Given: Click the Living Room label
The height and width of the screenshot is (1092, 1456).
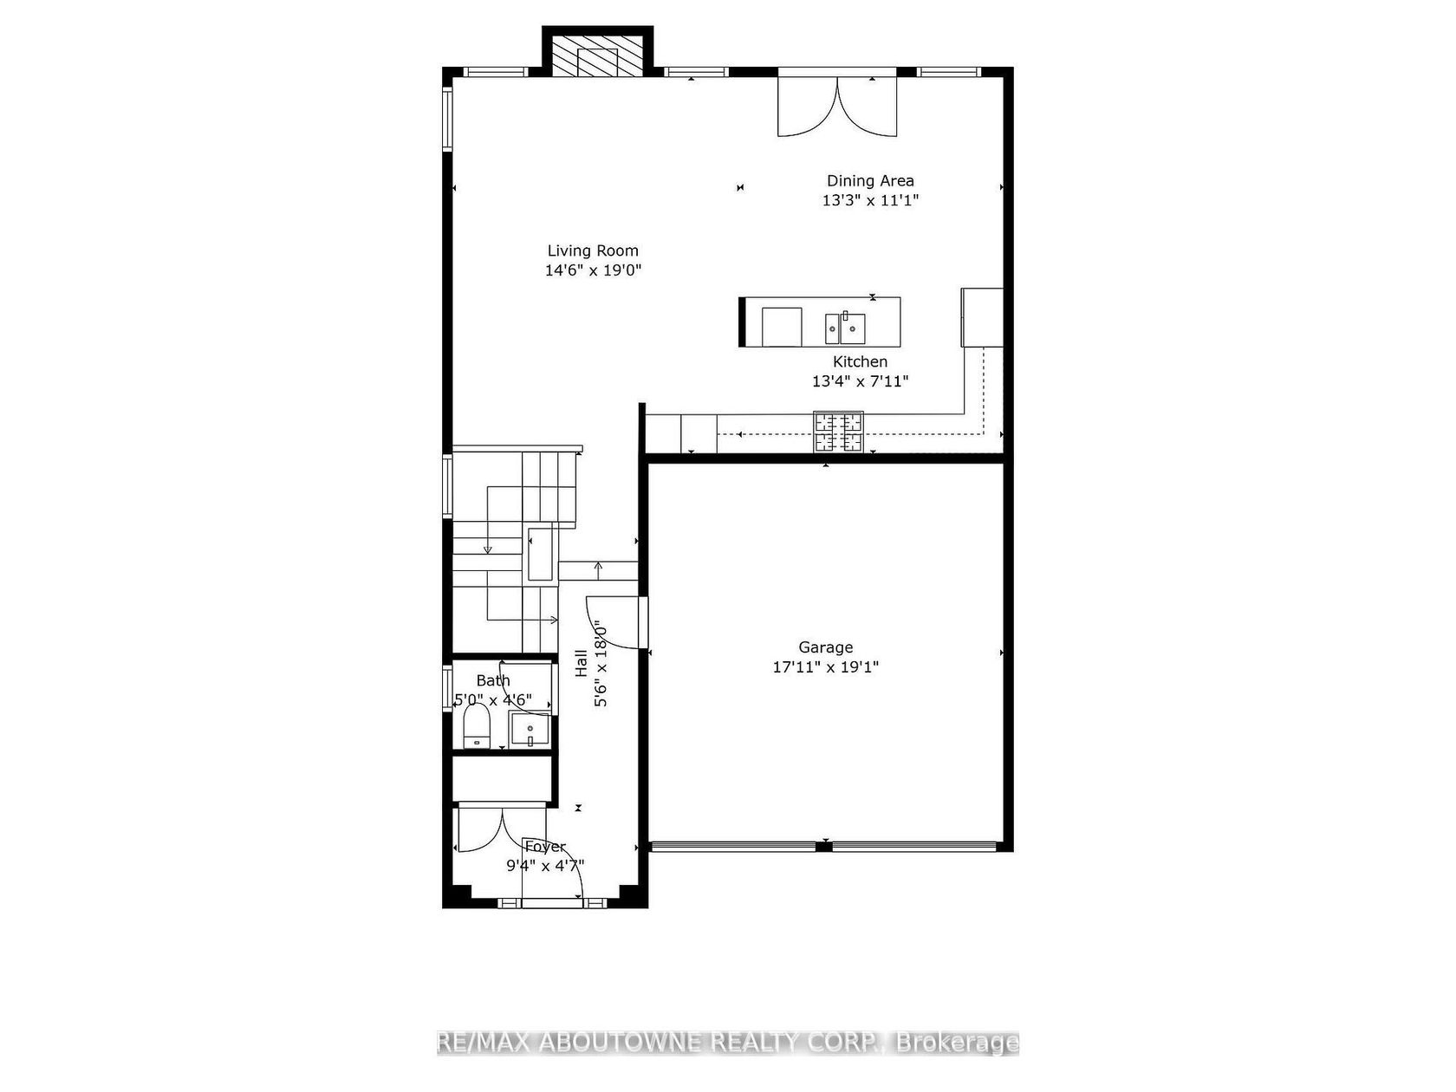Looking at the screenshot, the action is (592, 250).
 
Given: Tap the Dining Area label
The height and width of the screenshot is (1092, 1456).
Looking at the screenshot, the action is (869, 180).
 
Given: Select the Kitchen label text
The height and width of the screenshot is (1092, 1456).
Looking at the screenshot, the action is (860, 361).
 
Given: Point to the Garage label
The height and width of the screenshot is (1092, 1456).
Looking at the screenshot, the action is (825, 647).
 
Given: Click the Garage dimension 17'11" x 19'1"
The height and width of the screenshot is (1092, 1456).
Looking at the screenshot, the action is (825, 667).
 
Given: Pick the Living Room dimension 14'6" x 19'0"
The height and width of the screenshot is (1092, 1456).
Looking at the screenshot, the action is (593, 270).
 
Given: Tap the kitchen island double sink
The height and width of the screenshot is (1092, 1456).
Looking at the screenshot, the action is (845, 328).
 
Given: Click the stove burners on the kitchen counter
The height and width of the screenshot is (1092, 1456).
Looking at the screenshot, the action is (838, 432).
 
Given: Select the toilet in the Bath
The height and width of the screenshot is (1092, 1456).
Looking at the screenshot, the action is (476, 725).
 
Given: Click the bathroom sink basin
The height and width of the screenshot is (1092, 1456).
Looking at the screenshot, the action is (530, 730).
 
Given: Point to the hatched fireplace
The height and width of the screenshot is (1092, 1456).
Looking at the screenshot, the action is (598, 54).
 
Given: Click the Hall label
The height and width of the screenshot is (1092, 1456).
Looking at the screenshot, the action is (582, 663).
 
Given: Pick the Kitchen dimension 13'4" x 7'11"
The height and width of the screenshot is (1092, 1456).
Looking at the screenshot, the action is (860, 381).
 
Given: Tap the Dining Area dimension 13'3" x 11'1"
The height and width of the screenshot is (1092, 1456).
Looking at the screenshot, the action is (869, 200).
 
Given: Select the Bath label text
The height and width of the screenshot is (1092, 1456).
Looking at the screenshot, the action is (493, 680).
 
